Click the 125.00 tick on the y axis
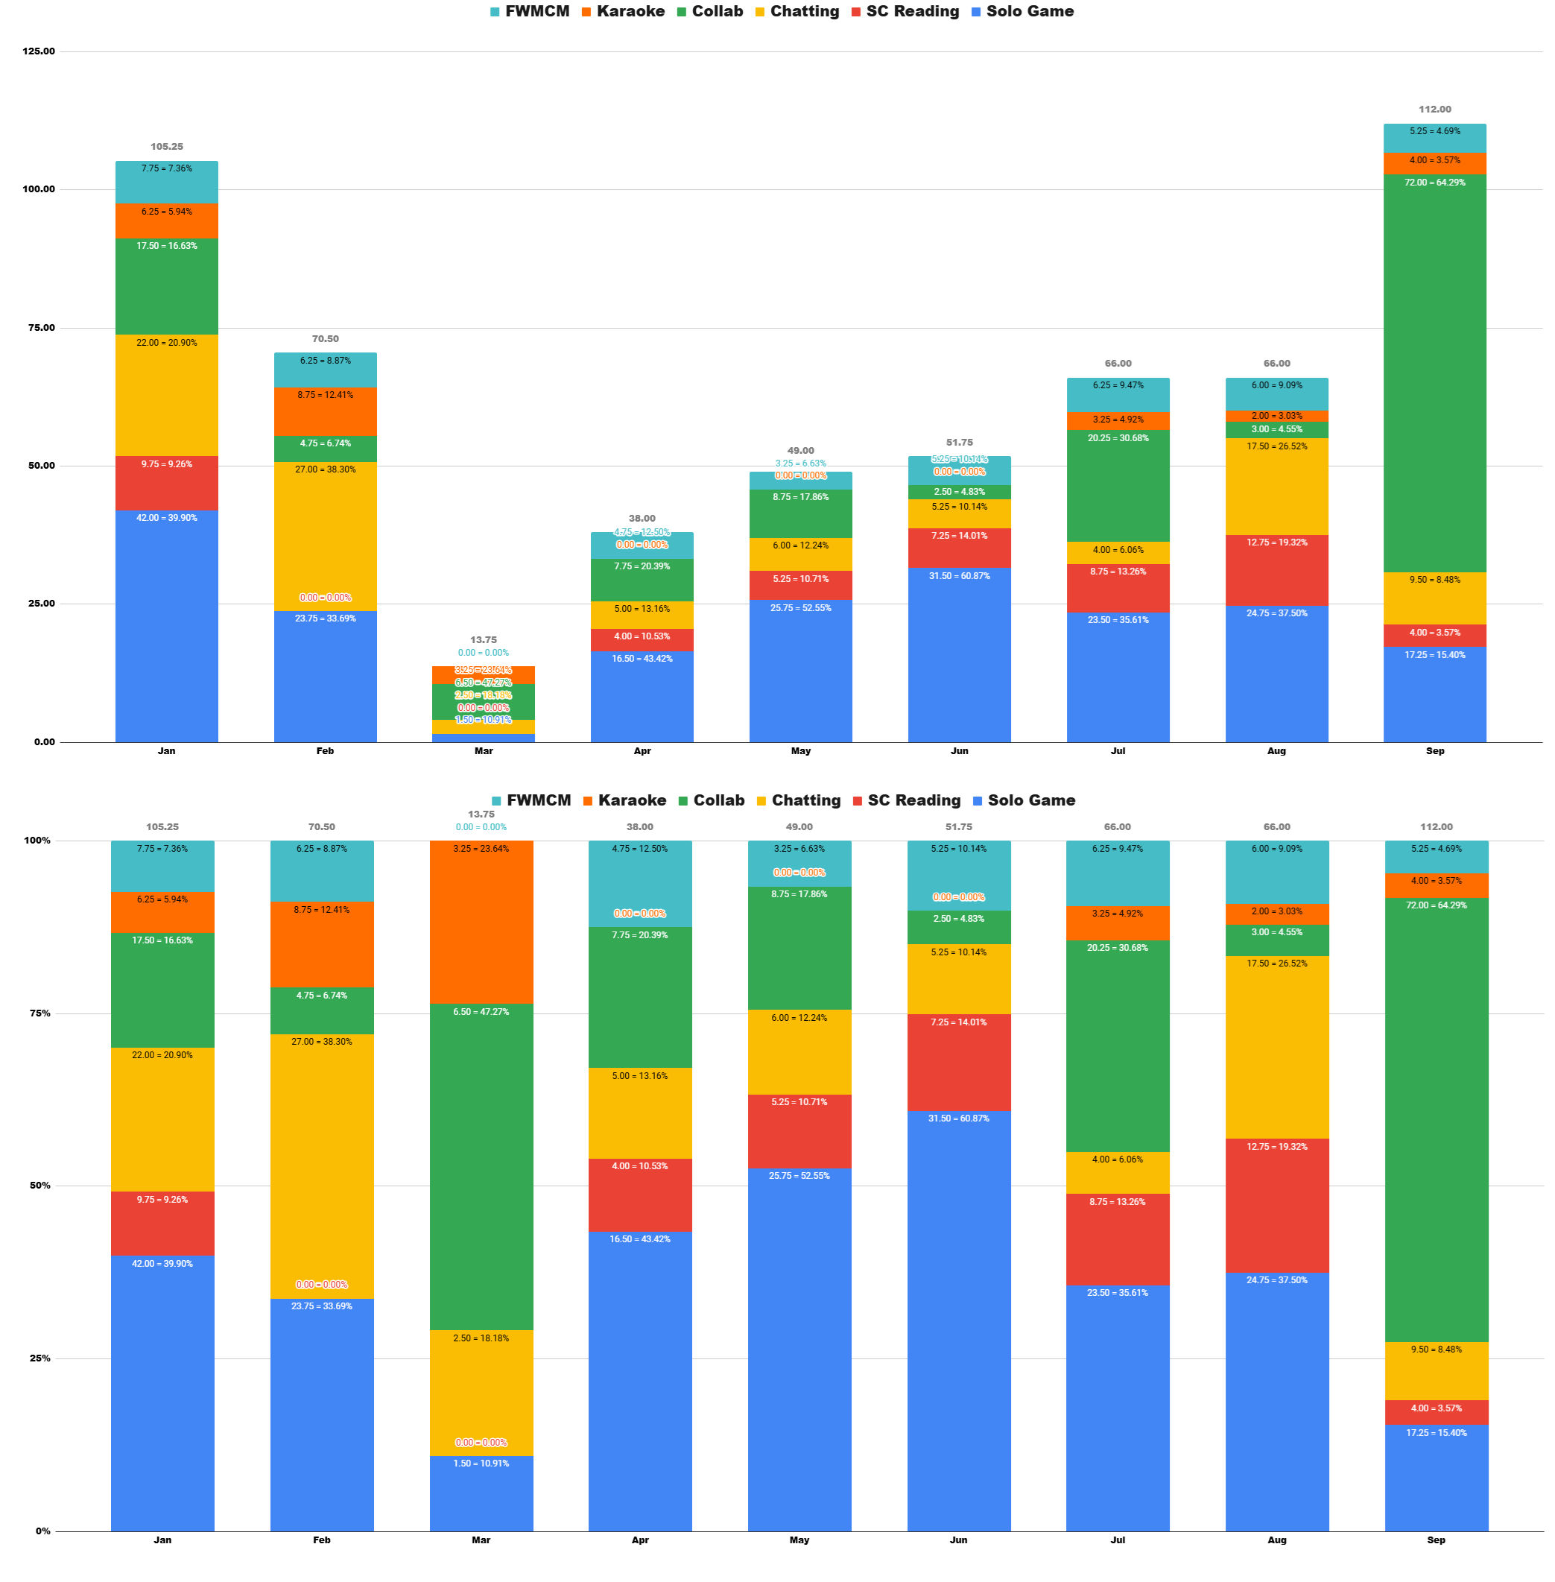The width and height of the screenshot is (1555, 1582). pos(39,51)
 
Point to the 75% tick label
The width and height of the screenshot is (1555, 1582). pos(39,1013)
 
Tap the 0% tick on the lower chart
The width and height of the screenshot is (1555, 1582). pos(42,1531)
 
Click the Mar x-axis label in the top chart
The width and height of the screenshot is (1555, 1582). pos(484,750)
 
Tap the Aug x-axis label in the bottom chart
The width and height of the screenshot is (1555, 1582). pos(1276,1540)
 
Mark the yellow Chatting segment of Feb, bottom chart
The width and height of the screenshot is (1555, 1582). pos(322,1159)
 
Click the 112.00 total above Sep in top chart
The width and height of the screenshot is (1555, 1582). pos(1434,110)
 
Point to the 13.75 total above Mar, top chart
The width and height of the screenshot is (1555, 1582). pos(484,639)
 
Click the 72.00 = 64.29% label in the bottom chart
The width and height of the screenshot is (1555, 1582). pos(1436,905)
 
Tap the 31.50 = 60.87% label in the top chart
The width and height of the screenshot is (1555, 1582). pos(959,576)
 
